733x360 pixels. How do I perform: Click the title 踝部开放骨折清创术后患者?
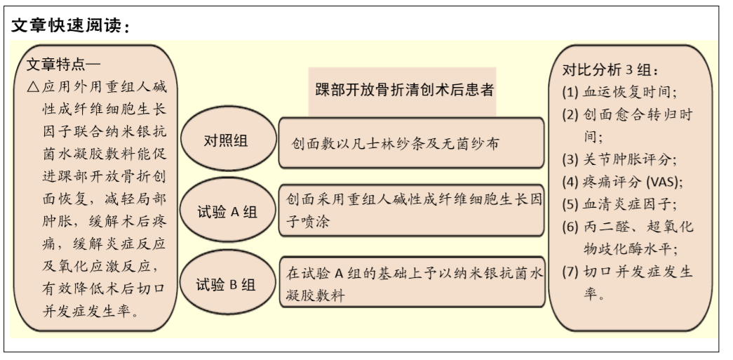404,89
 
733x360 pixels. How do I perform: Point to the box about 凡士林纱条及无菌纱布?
411,143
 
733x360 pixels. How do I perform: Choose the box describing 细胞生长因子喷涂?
411,211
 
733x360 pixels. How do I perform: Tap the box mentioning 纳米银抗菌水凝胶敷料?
412,282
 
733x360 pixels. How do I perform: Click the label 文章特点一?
64,65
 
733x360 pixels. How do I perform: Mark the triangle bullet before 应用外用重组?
33,87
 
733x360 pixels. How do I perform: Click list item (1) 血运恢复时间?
619,92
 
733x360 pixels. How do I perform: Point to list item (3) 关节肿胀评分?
619,159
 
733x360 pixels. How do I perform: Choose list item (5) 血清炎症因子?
619,204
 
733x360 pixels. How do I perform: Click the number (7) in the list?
570,272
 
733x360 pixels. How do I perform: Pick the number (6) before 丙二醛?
570,227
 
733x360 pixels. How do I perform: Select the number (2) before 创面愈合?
570,114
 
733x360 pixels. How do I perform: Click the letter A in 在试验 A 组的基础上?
339,273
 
